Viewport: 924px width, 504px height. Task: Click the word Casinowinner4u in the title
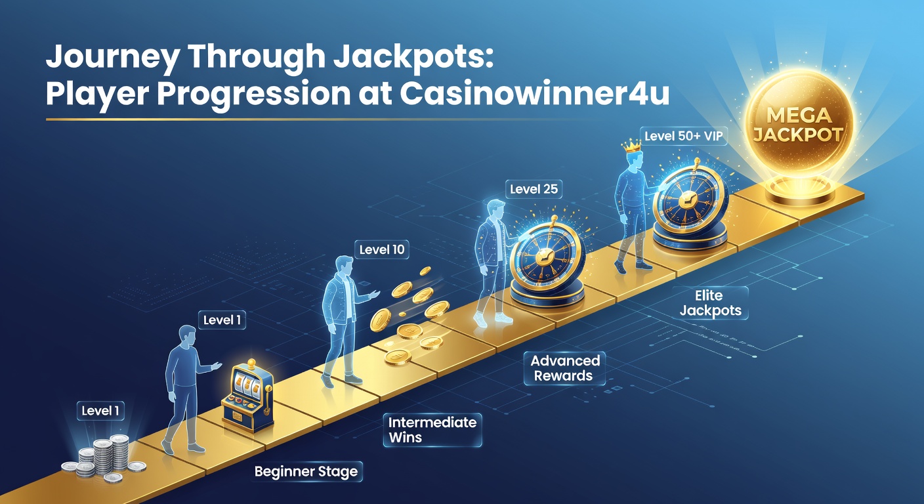(x=534, y=94)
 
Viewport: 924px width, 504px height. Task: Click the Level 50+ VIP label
(x=684, y=136)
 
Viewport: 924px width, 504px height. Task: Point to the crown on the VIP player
(x=631, y=145)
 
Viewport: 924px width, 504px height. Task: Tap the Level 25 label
(x=534, y=189)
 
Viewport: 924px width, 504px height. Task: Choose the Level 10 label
(x=381, y=249)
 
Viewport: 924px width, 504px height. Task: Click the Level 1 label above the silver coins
(x=100, y=411)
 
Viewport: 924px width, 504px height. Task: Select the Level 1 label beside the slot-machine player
(x=222, y=320)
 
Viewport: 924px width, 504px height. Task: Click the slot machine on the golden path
(x=247, y=396)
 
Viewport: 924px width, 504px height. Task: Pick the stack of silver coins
(x=104, y=459)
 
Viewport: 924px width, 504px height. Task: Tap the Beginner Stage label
(x=306, y=471)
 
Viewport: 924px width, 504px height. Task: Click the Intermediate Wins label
(x=432, y=430)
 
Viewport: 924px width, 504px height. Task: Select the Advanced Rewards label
(x=565, y=368)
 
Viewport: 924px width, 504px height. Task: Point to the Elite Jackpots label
(x=710, y=303)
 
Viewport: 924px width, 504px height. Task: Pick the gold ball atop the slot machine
(x=251, y=364)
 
